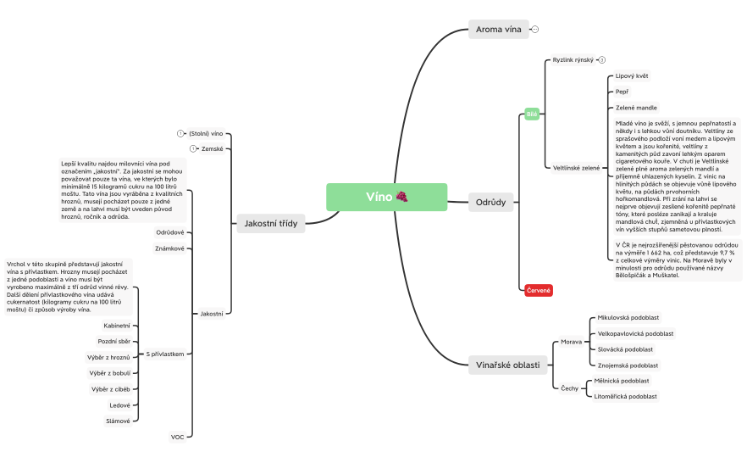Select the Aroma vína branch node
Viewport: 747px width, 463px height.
click(498, 30)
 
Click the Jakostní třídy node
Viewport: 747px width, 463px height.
click(269, 223)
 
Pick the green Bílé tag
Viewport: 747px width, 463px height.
click(532, 114)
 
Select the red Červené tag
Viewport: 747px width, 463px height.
click(539, 290)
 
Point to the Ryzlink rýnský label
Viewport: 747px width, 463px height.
click(573, 60)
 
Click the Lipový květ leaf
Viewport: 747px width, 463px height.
click(632, 76)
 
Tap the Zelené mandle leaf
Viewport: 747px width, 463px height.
click(636, 108)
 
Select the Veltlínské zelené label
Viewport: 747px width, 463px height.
click(576, 168)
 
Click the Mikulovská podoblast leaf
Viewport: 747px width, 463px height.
click(628, 317)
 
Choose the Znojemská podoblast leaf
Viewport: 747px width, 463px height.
click(628, 365)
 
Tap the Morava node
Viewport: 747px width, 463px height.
click(572, 342)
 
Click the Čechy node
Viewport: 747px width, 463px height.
click(571, 388)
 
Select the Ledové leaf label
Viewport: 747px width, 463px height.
click(120, 404)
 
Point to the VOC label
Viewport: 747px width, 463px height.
click(177, 437)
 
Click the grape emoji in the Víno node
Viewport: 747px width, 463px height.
click(401, 197)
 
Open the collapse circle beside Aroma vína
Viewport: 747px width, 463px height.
click(535, 30)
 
